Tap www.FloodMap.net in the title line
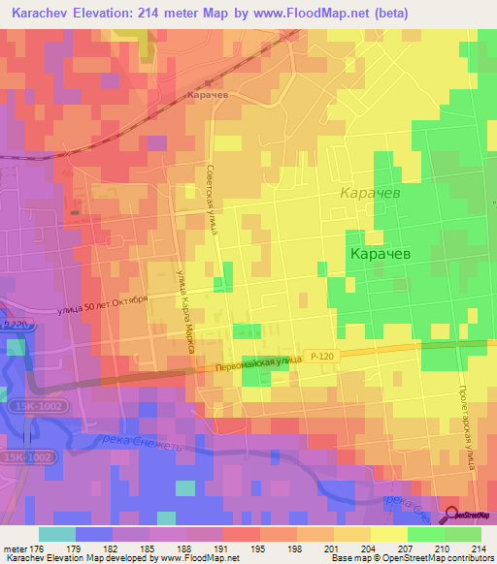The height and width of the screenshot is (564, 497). (312, 13)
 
